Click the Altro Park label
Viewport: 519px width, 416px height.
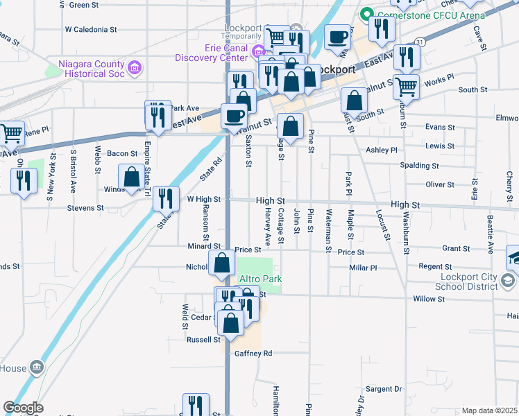point(259,279)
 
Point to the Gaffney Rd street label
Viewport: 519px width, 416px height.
point(253,353)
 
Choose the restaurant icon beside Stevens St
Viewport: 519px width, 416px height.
point(166,198)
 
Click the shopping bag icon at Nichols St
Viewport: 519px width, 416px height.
point(221,263)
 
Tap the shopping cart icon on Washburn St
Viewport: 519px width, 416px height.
point(407,87)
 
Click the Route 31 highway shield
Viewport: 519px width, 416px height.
point(418,43)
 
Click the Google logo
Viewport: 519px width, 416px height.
point(23,408)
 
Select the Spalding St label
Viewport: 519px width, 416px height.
point(419,166)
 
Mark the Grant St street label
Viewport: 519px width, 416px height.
point(456,248)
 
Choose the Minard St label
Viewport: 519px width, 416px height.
point(203,246)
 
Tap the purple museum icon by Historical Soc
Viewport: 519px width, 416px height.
point(135,67)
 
